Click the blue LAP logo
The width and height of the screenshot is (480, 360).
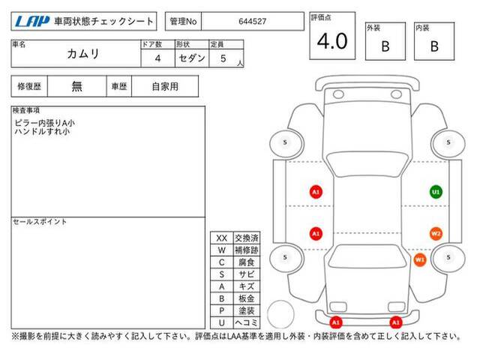point(32,22)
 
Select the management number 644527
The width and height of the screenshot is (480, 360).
point(253,22)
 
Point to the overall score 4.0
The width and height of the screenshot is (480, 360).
point(332,41)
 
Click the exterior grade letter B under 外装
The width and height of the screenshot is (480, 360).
point(385,46)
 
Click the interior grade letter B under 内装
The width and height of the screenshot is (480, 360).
point(434,46)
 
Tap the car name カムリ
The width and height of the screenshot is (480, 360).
point(83,54)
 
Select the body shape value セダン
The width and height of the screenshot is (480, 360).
point(192,58)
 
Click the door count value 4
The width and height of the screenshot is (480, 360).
point(157,58)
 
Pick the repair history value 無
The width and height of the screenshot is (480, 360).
point(76,86)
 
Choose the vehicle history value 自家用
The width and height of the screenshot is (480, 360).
point(165,86)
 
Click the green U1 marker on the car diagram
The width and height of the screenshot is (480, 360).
point(436,192)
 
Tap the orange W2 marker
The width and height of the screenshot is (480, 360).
point(436,234)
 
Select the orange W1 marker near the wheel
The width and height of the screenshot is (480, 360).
point(420,260)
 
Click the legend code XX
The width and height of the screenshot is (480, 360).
point(222,238)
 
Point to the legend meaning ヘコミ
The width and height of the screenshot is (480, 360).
point(247,322)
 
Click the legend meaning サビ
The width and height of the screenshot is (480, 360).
point(247,274)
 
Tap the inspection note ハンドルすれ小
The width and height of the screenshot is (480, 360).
point(42,132)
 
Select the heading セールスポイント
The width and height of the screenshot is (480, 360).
point(40,222)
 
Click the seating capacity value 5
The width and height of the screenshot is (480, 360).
point(223,58)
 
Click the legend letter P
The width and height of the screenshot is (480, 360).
point(222,310)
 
